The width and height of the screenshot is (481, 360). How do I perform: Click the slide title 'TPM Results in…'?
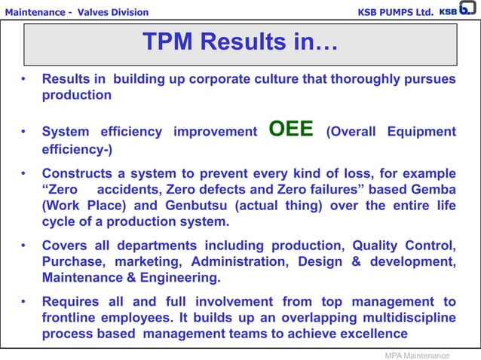(240, 43)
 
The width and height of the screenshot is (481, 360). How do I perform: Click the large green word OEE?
(291, 130)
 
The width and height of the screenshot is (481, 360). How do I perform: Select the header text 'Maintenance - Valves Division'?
(75, 12)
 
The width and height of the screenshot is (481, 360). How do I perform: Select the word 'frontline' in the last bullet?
(73, 318)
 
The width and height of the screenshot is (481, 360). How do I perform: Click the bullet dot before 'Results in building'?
(25, 79)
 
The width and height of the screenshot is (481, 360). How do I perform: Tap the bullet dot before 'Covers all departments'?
(25, 246)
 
